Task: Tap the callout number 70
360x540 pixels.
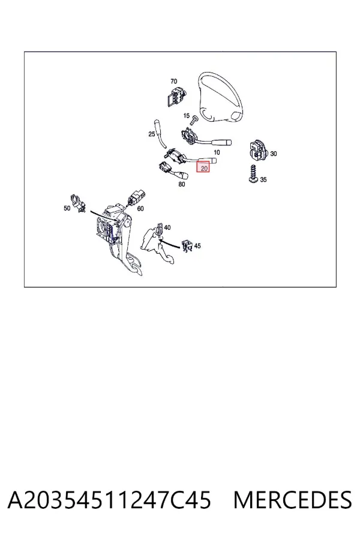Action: (173, 81)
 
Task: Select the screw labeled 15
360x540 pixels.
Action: (194, 120)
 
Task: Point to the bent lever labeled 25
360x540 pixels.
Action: (160, 134)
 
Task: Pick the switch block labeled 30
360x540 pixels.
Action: (259, 151)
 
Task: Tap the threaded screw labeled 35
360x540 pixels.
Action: (254, 173)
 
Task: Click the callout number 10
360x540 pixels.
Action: (217, 152)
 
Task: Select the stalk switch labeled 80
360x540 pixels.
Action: (173, 171)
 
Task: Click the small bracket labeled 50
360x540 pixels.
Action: (78, 203)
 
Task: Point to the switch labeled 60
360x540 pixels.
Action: (136, 198)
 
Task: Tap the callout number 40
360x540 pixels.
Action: (167, 227)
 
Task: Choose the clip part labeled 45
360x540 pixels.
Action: (187, 245)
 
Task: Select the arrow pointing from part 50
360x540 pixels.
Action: (103, 215)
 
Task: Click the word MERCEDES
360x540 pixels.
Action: (293, 500)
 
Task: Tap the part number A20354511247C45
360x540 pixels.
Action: (109, 500)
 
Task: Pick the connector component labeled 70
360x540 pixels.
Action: (175, 96)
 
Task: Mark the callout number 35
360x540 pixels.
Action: (263, 179)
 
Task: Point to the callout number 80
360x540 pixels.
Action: (182, 184)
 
